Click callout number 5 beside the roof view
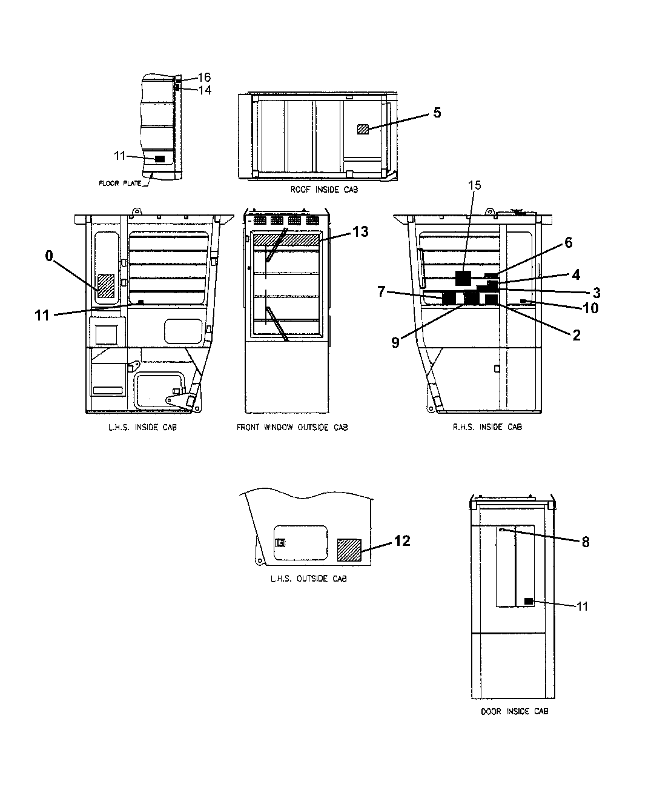click(x=437, y=113)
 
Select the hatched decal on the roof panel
click(x=363, y=128)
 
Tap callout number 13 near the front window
click(x=360, y=231)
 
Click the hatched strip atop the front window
click(x=286, y=240)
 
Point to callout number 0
click(x=49, y=256)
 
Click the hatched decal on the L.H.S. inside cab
click(x=107, y=285)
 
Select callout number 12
click(x=402, y=540)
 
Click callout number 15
click(x=475, y=185)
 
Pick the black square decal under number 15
click(x=463, y=278)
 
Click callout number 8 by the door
click(x=586, y=542)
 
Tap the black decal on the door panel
click(x=529, y=601)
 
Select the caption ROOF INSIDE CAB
click(x=324, y=190)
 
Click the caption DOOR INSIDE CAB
click(x=514, y=711)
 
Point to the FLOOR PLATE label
click(x=120, y=182)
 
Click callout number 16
click(x=204, y=77)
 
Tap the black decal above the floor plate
click(x=160, y=158)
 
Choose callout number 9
click(x=395, y=342)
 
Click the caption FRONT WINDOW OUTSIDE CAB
click(x=292, y=427)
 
